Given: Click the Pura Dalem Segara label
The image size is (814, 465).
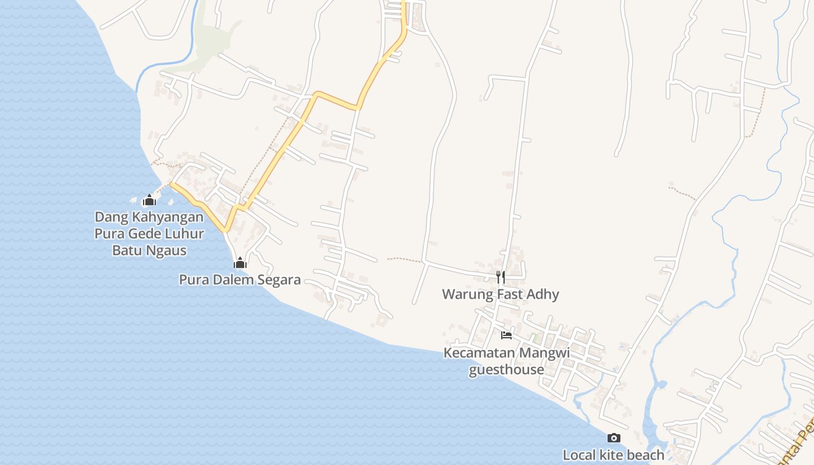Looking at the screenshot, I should [x=240, y=280].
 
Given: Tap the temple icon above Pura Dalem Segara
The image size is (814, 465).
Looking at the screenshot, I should [x=240, y=263].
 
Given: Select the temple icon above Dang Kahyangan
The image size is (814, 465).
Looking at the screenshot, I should [x=149, y=201].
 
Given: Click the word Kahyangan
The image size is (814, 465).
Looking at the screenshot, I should [x=174, y=217].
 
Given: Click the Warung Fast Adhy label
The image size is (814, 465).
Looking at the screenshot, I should [x=500, y=294].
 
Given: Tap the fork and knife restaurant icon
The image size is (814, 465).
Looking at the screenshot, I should [x=500, y=277].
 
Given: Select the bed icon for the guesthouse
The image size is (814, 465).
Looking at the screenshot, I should [x=506, y=335].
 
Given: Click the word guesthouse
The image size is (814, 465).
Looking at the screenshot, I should [x=506, y=370].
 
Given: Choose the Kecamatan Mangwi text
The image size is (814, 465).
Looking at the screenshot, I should [x=506, y=353].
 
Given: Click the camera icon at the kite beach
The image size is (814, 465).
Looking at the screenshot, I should [x=613, y=438].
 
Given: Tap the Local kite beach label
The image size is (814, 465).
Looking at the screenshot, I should [x=613, y=455].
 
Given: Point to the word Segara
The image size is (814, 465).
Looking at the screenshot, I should [x=280, y=280].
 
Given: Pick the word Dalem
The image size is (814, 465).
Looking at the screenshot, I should [x=235, y=280].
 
